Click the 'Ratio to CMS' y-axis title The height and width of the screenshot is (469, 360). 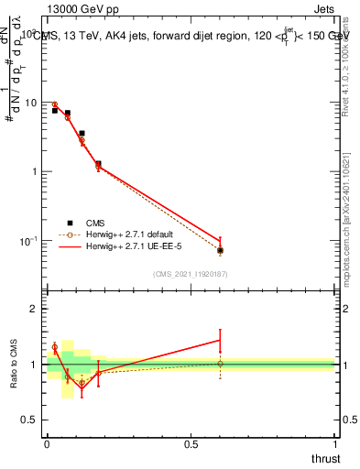(x=15, y=365)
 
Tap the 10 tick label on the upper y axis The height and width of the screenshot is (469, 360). (x=30, y=103)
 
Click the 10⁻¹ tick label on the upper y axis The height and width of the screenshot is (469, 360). (x=28, y=241)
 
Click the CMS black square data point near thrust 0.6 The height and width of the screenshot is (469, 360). (x=220, y=250)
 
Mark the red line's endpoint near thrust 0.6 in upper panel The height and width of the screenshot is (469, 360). (x=220, y=241)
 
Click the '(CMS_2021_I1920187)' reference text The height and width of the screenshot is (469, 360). (x=191, y=274)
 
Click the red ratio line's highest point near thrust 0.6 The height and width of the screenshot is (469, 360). (x=220, y=340)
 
